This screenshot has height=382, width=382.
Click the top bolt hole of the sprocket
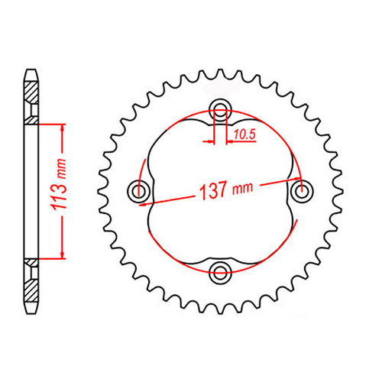pos(221,108)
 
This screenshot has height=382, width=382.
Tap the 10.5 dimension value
pos(244,135)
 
